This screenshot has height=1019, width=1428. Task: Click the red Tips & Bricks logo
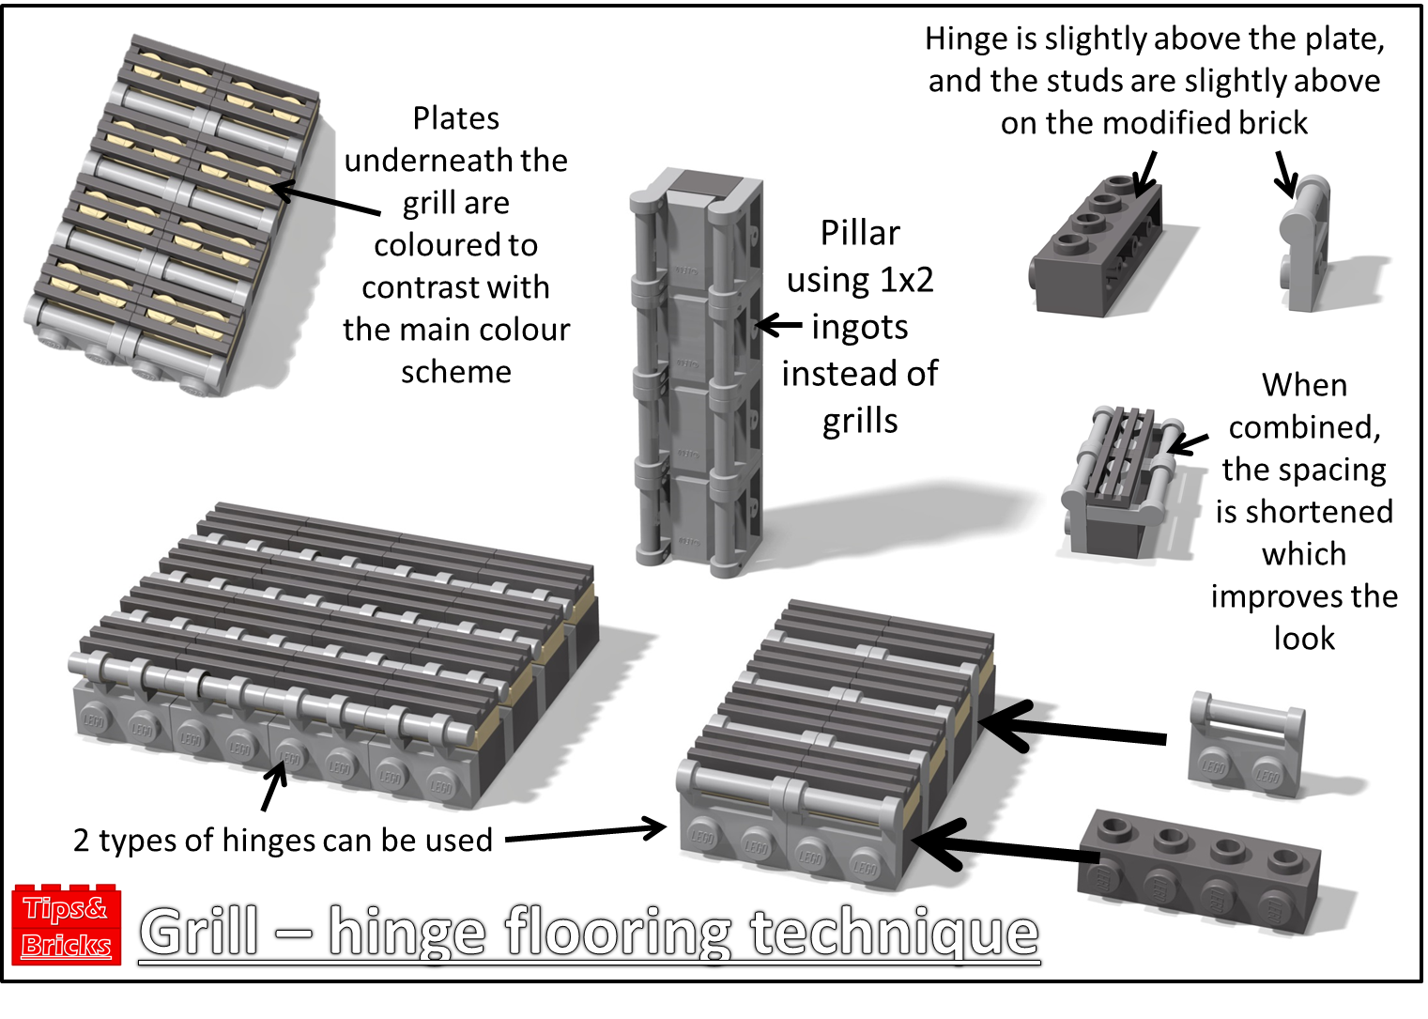[67, 924]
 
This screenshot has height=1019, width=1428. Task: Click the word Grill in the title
[200, 932]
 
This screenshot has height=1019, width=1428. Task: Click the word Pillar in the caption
[860, 233]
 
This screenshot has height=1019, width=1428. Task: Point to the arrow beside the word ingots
[778, 326]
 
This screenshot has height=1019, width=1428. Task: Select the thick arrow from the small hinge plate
[1070, 729]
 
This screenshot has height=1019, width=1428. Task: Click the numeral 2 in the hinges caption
[82, 840]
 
